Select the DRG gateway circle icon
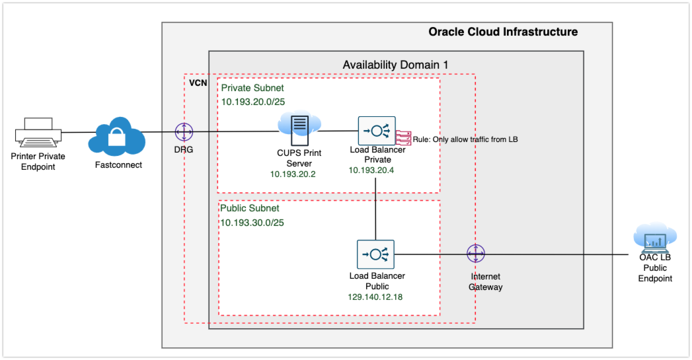[184, 132]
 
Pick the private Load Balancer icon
[376, 131]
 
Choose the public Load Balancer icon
[375, 254]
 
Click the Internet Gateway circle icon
[475, 254]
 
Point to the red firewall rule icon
[403, 137]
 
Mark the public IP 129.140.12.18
[375, 297]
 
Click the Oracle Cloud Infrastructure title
[503, 32]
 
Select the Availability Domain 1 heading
[395, 65]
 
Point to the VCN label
[198, 84]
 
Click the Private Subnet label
[252, 88]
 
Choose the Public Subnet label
[250, 208]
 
